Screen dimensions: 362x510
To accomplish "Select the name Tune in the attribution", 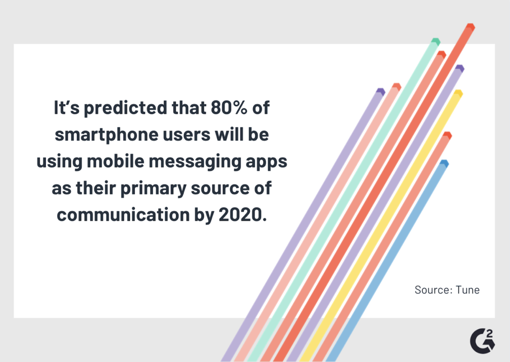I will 468,290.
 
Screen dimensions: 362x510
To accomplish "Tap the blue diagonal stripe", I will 388,259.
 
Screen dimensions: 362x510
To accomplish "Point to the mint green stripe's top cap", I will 435,41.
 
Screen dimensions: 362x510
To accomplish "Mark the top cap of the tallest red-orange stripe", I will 470,26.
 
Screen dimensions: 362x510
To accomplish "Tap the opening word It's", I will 67,109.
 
